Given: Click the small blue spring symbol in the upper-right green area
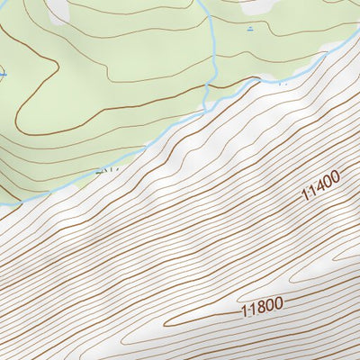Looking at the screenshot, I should coord(249,29).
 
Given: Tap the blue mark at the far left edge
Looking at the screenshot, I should coord(2,75).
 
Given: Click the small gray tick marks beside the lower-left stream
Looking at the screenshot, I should coord(106,167).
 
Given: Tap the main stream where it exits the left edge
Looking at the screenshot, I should coord(2,205).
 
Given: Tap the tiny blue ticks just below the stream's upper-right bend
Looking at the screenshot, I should coord(281,82).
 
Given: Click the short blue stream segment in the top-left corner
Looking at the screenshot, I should coord(11,3).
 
